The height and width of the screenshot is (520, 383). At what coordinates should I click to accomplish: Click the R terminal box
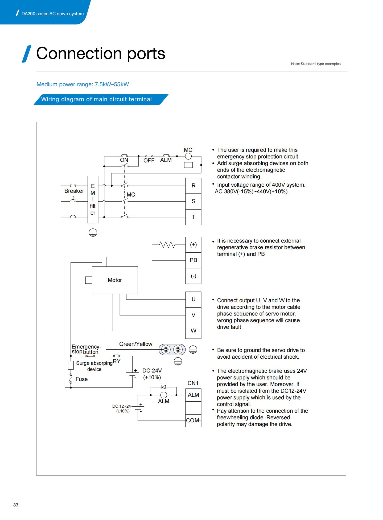click(193, 186)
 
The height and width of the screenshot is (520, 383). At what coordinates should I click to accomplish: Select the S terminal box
click(193, 201)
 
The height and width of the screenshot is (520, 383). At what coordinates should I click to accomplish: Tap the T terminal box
click(193, 217)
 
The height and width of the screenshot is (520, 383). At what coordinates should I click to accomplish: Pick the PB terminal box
click(193, 260)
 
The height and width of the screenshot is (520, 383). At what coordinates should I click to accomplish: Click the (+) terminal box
click(193, 244)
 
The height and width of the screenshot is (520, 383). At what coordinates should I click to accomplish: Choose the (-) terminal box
click(193, 276)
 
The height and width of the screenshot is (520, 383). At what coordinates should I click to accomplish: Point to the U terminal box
click(193, 299)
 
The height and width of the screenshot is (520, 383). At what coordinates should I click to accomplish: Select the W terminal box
click(193, 331)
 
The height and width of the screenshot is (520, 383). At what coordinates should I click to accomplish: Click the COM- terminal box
click(193, 421)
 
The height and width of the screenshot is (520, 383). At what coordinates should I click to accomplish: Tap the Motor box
click(115, 280)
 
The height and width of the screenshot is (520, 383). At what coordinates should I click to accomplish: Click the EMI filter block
click(93, 199)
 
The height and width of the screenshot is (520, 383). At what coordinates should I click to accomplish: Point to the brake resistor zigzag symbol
click(167, 244)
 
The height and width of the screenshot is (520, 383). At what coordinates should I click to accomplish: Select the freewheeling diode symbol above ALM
click(164, 387)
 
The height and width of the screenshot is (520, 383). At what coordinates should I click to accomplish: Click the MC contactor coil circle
click(188, 156)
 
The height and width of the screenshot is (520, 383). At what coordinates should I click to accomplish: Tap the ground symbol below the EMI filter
click(93, 232)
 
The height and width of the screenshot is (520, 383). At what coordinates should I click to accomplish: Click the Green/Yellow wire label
click(136, 344)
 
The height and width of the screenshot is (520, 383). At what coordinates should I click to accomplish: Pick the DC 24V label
click(152, 371)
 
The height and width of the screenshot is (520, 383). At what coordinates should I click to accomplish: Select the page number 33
click(16, 505)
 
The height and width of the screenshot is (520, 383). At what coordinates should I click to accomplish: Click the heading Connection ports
click(101, 53)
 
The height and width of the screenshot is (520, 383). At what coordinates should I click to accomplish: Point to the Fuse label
click(81, 379)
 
